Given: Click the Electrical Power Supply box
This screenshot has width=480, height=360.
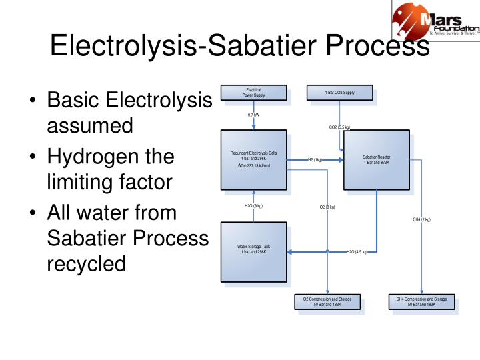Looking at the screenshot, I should (x=253, y=92).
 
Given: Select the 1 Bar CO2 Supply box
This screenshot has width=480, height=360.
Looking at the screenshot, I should (x=339, y=92).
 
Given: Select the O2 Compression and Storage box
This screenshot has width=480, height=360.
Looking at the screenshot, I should (x=327, y=302).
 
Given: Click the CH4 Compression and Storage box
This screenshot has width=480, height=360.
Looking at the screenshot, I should (x=421, y=302).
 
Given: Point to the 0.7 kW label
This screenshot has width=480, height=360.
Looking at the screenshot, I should (x=253, y=115).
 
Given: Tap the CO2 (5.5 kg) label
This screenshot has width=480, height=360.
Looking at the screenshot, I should (x=339, y=127).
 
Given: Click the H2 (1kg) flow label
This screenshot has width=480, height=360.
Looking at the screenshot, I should (x=315, y=160).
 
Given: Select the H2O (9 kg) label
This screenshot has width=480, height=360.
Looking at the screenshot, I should (x=253, y=206).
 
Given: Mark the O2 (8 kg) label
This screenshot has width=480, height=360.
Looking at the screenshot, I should (x=327, y=207).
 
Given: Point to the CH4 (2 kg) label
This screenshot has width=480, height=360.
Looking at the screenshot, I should (x=421, y=219).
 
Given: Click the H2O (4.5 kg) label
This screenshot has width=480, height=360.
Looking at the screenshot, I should (x=357, y=252).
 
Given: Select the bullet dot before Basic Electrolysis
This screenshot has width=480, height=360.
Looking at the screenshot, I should (x=33, y=103).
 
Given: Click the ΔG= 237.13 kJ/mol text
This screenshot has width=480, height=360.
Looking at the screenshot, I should (x=254, y=165).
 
